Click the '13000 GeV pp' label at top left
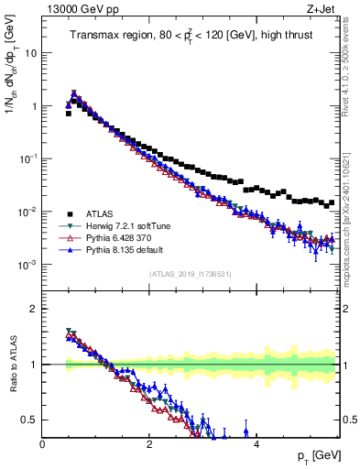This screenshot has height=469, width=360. tap(74, 9)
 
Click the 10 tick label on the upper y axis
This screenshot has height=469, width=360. tap(29, 53)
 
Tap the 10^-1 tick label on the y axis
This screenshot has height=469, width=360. tap(27, 158)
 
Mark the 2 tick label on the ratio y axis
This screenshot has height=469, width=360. tap(33, 309)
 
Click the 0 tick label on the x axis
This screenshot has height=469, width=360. tap(42, 444)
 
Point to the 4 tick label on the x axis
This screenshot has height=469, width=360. tap(256, 444)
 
